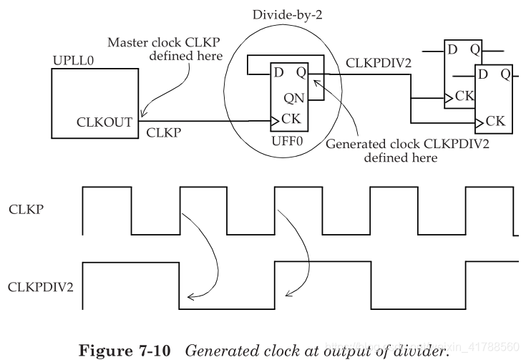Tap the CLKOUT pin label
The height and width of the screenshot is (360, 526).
click(x=104, y=122)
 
